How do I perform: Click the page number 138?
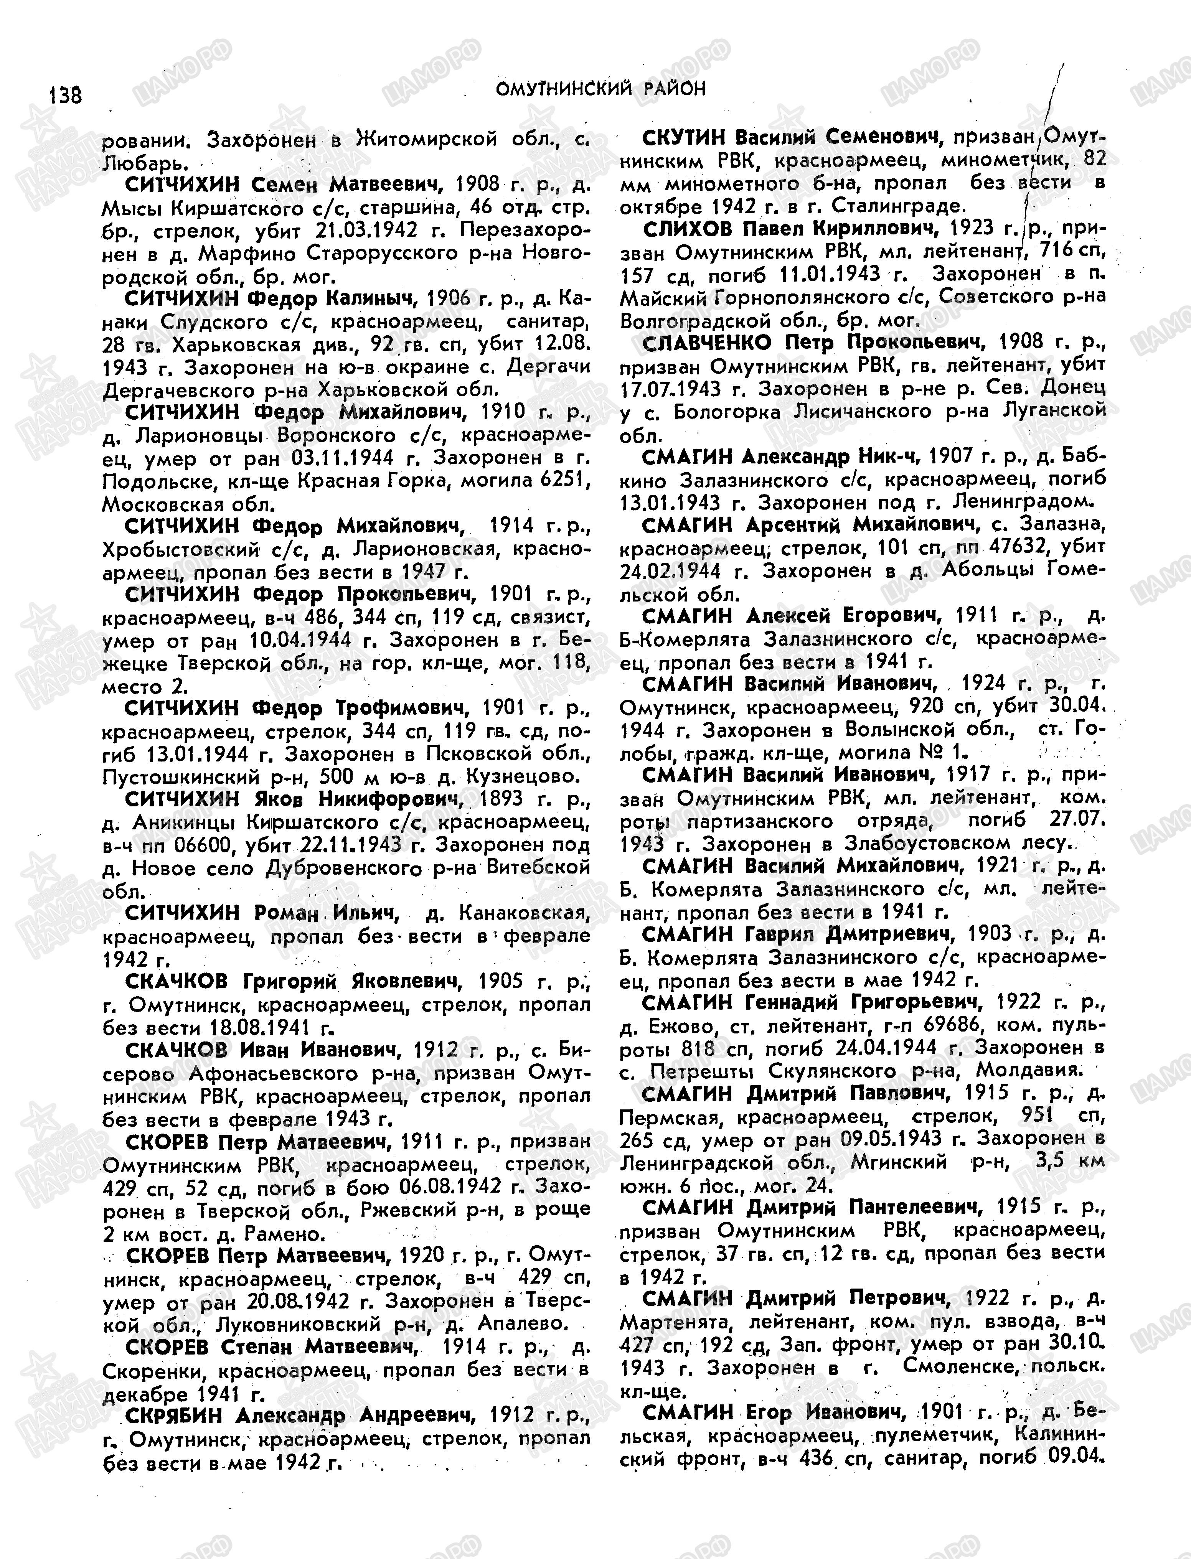(65, 94)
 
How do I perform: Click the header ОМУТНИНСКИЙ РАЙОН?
(600, 89)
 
